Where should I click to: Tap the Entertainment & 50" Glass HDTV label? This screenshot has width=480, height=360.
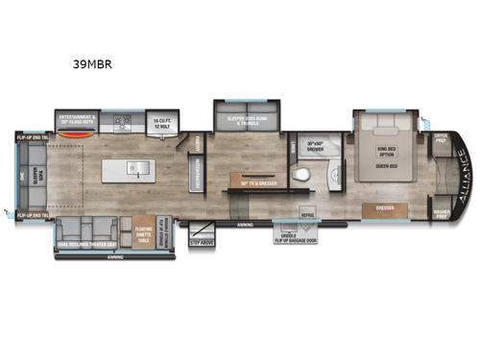[x=84, y=120]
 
